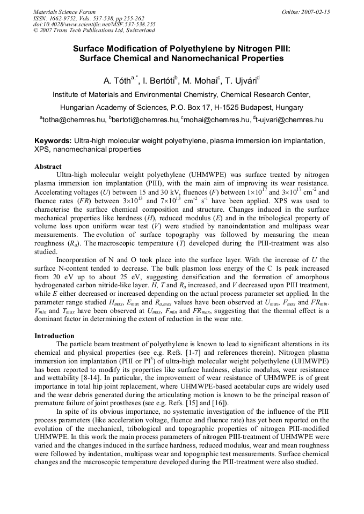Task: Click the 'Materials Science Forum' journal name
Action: [x=64, y=12]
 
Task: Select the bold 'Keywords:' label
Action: [x=53, y=141]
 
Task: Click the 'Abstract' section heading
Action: [x=48, y=167]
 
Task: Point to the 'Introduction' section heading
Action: [x=54, y=336]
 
